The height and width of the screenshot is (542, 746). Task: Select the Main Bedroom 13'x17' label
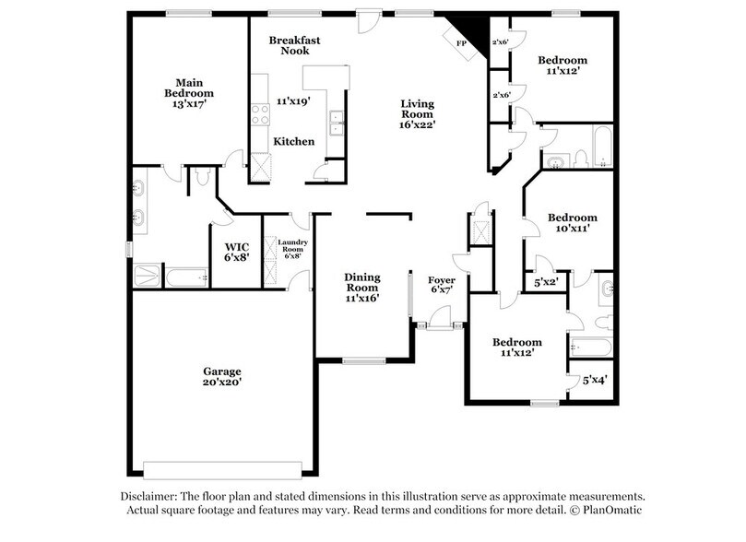pyautogui.click(x=189, y=93)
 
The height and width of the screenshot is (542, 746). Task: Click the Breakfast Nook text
pyautogui.click(x=294, y=45)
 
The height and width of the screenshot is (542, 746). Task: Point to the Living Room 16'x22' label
pyautogui.click(x=417, y=112)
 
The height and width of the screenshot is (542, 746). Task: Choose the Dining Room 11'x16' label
pyautogui.click(x=362, y=287)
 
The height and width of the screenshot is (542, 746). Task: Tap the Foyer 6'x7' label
pyautogui.click(x=443, y=286)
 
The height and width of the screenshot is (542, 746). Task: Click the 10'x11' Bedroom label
pyautogui.click(x=572, y=222)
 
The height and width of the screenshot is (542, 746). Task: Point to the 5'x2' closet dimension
pyautogui.click(x=547, y=283)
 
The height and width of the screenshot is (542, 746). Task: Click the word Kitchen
pyautogui.click(x=294, y=142)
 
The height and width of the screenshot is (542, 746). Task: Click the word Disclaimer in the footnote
pyautogui.click(x=152, y=495)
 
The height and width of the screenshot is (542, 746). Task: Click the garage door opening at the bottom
pyautogui.click(x=221, y=464)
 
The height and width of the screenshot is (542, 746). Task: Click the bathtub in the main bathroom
pyautogui.click(x=188, y=277)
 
